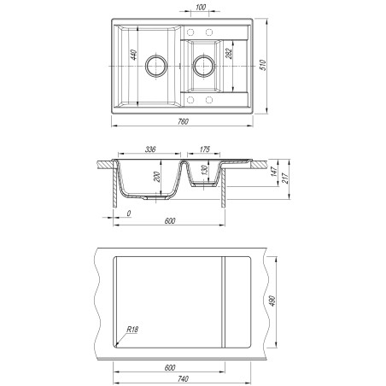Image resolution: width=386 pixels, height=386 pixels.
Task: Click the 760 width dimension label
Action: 183,121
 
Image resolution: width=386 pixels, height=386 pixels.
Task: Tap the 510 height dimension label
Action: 263,65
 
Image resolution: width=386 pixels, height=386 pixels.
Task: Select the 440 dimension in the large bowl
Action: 133,55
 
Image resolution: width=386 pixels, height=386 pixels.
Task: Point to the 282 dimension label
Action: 229,54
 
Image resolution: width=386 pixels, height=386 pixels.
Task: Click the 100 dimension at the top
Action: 201,8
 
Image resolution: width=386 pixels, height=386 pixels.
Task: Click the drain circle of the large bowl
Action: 155,66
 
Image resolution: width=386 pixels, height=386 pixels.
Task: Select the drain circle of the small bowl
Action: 204,66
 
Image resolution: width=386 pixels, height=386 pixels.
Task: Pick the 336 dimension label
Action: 150,149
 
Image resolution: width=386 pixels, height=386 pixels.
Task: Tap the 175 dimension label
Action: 205,149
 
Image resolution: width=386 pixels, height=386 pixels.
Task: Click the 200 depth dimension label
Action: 157,177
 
